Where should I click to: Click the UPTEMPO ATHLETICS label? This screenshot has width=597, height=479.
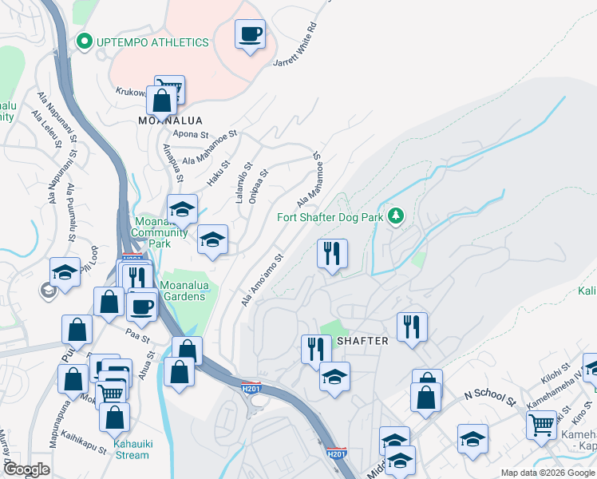coord(152,42)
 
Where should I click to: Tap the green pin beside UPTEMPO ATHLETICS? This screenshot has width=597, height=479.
coord(82,42)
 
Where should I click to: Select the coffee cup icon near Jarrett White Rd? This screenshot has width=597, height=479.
coord(251,34)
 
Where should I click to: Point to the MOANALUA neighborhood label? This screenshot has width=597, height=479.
coord(169,121)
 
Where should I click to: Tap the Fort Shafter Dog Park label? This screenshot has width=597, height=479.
coord(330,216)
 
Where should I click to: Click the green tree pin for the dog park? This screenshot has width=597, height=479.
coord(394,216)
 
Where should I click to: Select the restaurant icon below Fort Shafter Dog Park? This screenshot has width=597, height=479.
coord(332,254)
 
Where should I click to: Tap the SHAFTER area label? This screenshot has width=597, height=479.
coord(363,341)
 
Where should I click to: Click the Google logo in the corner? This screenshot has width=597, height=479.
coord(26,469)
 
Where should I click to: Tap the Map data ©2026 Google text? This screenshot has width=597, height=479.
coord(547,473)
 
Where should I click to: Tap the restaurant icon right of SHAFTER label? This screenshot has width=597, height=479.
coord(412,326)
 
